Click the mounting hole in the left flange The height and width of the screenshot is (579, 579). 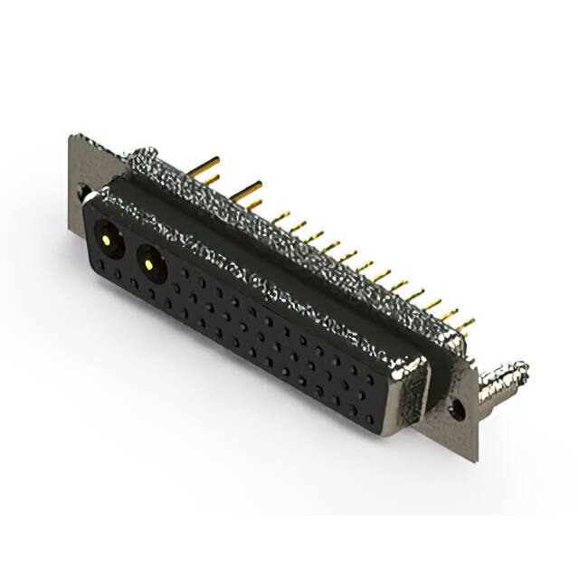(83, 193)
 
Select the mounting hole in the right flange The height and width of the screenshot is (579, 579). (459, 410)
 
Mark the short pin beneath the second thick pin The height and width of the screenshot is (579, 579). (254, 205)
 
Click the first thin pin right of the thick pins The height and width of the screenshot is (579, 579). (280, 217)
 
